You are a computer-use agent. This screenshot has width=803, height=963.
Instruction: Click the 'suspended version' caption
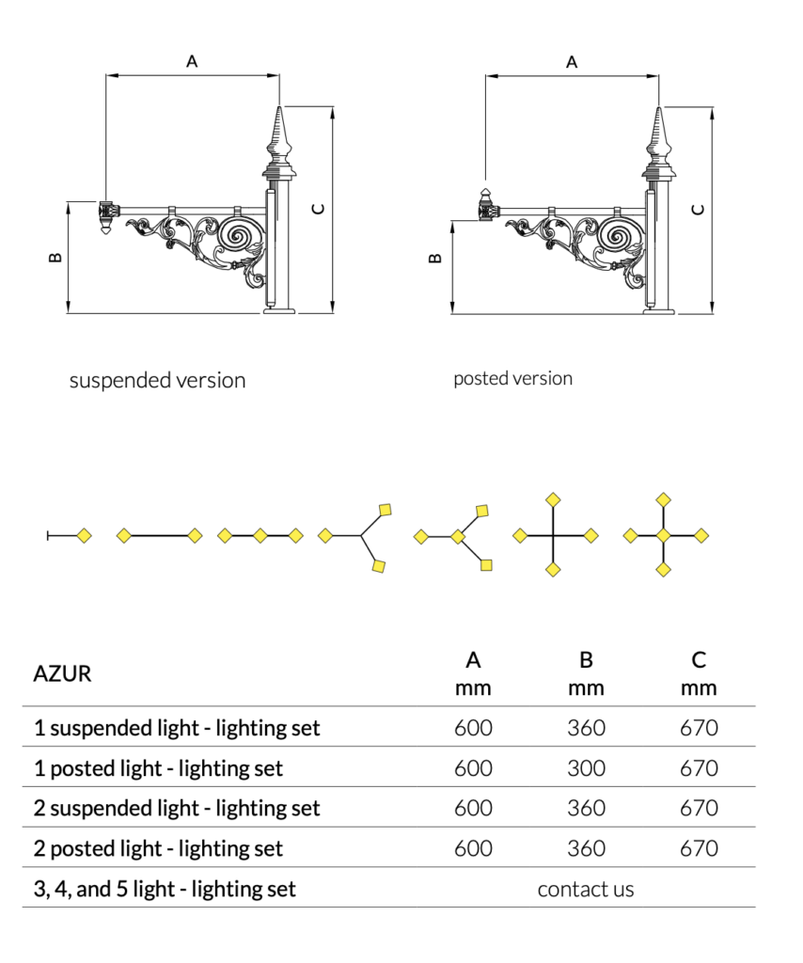[157, 381]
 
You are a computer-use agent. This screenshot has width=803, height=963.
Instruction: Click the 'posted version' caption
[512, 379]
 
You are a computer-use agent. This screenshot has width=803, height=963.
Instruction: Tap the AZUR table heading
[62, 673]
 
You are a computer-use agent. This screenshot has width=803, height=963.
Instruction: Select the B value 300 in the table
[586, 768]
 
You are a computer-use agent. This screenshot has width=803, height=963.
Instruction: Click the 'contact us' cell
[586, 889]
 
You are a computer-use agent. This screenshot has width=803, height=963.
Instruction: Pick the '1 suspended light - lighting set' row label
[177, 728]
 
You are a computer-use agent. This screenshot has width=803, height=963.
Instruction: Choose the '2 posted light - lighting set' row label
[158, 848]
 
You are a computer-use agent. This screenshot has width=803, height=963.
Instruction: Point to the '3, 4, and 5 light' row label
[165, 889]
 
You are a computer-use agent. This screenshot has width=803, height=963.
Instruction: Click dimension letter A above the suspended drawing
[192, 62]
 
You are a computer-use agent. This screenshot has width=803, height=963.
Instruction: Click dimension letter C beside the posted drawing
[697, 209]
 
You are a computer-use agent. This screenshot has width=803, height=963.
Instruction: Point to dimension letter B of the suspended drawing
[55, 257]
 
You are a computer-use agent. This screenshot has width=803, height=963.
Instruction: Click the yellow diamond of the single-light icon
[84, 536]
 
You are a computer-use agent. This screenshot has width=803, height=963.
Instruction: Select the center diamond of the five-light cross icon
[664, 535]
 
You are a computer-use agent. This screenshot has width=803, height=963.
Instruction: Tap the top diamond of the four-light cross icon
[554, 499]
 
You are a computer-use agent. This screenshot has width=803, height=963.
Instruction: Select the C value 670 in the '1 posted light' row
[699, 768]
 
